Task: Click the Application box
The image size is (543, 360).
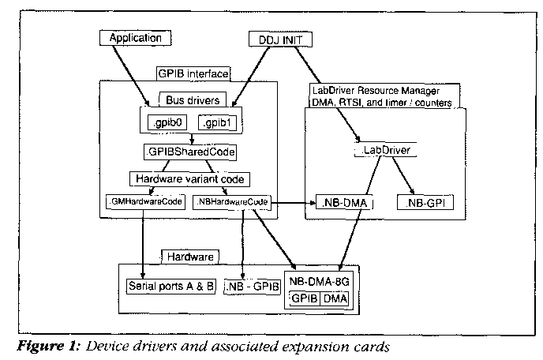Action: [135, 38]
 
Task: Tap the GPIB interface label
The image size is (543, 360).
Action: [193, 73]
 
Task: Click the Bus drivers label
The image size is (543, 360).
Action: [193, 100]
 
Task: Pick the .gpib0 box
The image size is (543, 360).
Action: [167, 124]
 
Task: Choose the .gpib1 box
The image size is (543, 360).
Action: [217, 124]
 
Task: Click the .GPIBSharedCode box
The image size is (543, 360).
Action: [190, 150]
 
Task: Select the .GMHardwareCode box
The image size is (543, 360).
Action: [144, 202]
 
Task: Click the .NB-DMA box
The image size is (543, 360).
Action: [343, 203]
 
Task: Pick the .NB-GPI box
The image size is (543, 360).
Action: [427, 203]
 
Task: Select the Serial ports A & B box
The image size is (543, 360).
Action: [171, 284]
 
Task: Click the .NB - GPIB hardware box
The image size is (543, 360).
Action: [253, 284]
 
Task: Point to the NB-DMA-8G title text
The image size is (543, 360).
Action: [324, 279]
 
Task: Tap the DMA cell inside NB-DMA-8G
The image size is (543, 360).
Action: [341, 298]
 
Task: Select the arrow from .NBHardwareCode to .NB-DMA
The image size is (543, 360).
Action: [294, 203]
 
